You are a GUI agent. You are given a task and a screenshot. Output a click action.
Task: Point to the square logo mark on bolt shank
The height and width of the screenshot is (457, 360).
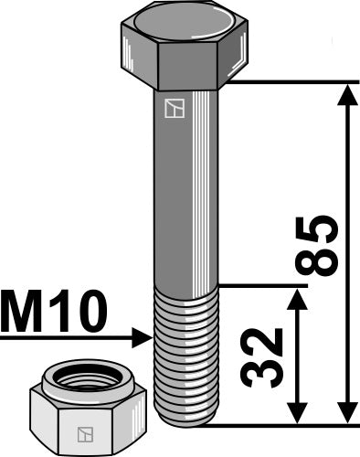(173, 109)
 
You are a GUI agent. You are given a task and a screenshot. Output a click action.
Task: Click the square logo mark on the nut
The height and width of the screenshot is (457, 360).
(85, 430)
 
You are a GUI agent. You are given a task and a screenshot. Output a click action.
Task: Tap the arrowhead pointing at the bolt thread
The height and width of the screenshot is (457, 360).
(143, 338)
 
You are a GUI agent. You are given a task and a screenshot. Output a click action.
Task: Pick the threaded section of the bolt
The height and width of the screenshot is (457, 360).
(186, 356)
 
